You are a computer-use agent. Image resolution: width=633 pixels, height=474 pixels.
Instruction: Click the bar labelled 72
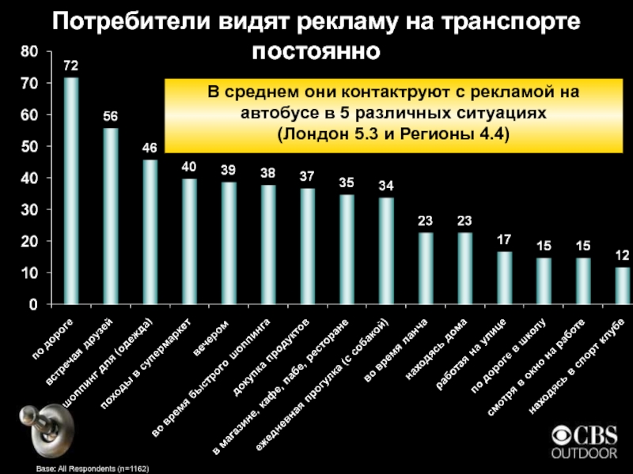(71, 190)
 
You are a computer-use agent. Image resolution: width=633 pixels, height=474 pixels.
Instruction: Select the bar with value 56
(111, 215)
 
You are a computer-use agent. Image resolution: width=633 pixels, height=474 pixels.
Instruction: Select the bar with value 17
(505, 276)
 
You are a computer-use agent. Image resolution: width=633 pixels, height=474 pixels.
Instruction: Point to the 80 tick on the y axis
(28, 52)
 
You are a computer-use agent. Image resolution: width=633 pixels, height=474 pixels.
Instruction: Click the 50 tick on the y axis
(28, 147)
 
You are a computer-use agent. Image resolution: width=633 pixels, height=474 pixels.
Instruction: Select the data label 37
(307, 175)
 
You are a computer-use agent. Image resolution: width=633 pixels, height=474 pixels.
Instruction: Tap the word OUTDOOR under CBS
(583, 453)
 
